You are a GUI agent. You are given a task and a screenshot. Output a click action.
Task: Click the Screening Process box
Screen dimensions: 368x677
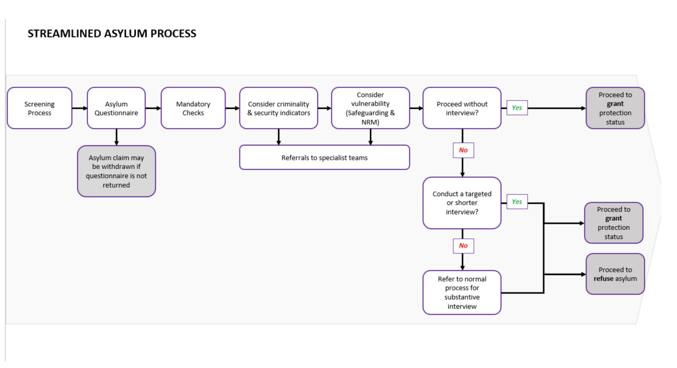[x=39, y=108]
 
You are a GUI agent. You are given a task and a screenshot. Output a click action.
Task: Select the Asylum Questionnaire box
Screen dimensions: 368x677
[x=116, y=108]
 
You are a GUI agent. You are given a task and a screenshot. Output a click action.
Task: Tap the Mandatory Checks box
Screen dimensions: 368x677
[x=193, y=108]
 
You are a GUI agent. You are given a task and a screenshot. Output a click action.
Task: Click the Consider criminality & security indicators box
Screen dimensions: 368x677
[x=278, y=108]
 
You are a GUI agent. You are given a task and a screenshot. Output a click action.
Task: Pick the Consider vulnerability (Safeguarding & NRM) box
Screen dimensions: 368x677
[x=370, y=108]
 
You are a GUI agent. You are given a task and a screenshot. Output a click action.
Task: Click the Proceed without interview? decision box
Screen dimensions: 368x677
[x=462, y=108]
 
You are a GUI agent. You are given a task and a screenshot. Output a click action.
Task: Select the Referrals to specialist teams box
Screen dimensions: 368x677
[x=324, y=158]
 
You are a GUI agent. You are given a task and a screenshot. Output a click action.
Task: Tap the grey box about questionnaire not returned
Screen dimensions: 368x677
[x=116, y=171]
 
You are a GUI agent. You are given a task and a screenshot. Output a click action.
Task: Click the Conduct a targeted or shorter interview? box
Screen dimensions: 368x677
[x=462, y=203]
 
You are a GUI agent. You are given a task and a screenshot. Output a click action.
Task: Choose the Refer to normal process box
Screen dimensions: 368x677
[x=462, y=292]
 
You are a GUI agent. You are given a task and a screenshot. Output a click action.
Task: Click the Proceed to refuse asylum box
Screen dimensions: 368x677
[x=615, y=274]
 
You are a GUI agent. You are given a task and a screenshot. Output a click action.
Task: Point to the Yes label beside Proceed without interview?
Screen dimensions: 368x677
[x=517, y=108]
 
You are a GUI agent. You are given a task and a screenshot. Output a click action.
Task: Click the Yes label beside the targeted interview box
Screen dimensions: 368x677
[x=517, y=202]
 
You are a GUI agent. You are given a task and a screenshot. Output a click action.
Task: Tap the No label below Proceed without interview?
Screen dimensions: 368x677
[x=463, y=150]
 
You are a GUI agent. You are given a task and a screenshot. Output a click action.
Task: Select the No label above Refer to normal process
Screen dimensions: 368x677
[x=463, y=246]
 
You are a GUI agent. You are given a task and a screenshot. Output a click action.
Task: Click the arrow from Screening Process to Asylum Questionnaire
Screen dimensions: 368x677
[x=80, y=108]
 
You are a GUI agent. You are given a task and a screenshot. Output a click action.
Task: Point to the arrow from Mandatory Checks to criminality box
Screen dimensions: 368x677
[x=232, y=108]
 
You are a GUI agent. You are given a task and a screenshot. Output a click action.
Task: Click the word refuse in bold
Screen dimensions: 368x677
[x=603, y=278]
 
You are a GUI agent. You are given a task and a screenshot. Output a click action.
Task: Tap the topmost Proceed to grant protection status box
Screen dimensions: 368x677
[x=615, y=108]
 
